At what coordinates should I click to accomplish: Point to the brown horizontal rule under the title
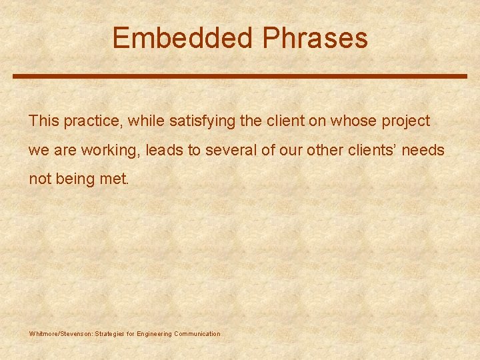pyautogui.click(x=240, y=76)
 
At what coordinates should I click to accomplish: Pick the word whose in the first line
pyautogui.click(x=349, y=121)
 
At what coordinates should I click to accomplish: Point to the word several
pyautogui.click(x=230, y=150)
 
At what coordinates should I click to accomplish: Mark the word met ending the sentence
pyautogui.click(x=115, y=179)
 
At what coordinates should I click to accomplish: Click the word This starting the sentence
pyautogui.click(x=44, y=121)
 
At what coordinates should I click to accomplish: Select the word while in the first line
pyautogui.click(x=147, y=121)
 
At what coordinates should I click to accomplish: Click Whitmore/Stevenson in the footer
pyautogui.click(x=58, y=333)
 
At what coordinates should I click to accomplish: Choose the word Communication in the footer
pyautogui.click(x=197, y=333)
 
